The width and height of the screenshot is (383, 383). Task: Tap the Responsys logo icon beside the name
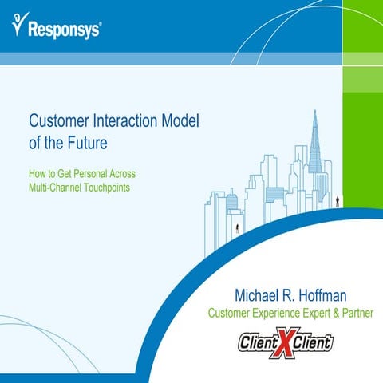(x=19, y=26)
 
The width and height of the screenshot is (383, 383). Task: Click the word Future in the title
(x=107, y=145)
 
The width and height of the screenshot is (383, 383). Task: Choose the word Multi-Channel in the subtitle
(x=56, y=188)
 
